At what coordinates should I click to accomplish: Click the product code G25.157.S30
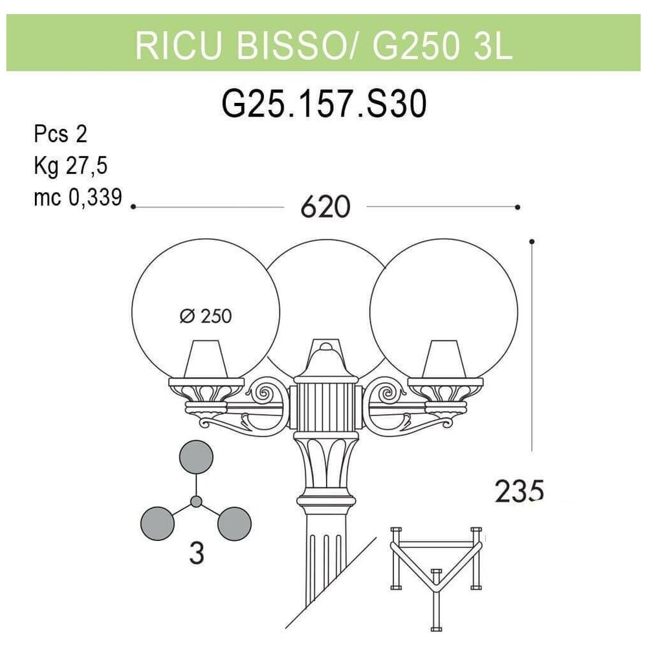324,104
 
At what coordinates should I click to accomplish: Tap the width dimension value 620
325,207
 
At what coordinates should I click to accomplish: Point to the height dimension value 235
519,491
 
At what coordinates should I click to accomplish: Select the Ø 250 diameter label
206,316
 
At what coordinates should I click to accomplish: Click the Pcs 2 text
60,134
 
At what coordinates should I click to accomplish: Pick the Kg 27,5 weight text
71,166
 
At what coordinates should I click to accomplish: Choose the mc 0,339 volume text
78,197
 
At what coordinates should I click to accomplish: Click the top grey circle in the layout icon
196,457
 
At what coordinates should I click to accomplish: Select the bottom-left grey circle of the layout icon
157,523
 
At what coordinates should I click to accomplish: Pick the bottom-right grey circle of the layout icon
234,523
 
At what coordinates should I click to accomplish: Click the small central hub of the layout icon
196,501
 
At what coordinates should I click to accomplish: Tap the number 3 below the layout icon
197,553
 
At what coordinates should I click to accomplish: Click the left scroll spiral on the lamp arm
263,393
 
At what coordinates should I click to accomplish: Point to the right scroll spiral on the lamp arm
386,393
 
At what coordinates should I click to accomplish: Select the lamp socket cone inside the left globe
205,358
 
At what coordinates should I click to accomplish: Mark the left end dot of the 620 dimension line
133,206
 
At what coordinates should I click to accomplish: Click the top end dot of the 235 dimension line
532,241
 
